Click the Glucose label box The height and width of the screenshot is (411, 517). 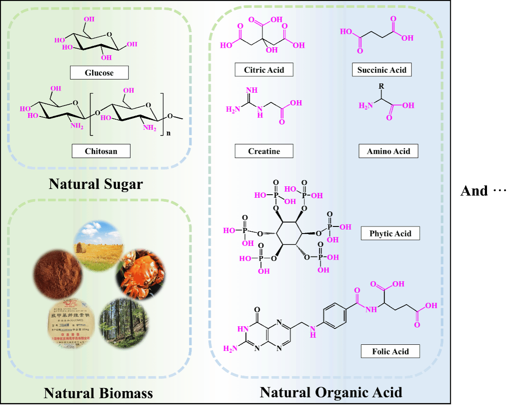click(99, 73)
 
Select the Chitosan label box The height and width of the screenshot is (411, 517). click(101, 151)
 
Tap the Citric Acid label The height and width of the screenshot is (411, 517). click(264, 70)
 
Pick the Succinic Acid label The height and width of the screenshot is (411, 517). click(382, 70)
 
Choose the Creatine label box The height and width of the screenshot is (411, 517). click(264, 151)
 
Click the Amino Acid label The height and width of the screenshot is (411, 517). click(388, 151)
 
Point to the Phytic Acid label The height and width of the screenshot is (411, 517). click(390, 233)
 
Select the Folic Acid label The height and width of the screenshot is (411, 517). click(390, 351)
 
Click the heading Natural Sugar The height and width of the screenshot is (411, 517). click(96, 184)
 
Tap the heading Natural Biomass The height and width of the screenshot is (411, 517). click(98, 393)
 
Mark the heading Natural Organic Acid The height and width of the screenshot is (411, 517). click(331, 392)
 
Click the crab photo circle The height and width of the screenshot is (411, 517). click(140, 274)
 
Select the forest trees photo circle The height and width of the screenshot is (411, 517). click(124, 324)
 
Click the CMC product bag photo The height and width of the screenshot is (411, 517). click(71, 324)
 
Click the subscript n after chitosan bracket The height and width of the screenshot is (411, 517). click(169, 133)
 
